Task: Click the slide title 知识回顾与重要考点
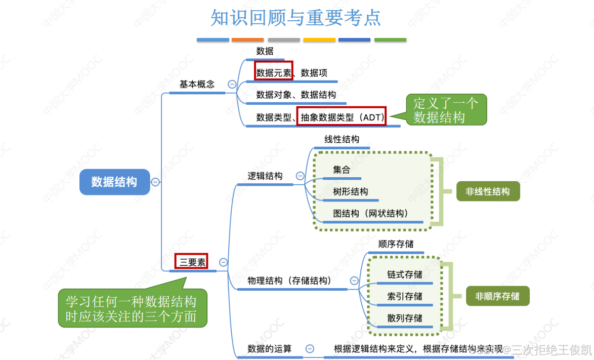pos(296,18)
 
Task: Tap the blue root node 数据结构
pos(114,182)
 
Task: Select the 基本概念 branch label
pos(197,85)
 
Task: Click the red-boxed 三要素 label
pos(191,262)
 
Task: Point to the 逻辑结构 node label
pos(265,176)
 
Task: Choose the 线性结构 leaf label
pos(342,139)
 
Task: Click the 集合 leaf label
pos(342,170)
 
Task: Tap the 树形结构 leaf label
pos(350,192)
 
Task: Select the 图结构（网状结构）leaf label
pos(370,214)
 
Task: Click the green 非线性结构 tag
pos(487,191)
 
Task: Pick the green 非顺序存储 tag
pos(497,296)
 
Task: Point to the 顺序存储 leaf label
pos(396,244)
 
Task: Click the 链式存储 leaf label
pos(405,274)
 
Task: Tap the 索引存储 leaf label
pos(405,296)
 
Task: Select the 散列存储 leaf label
pos(405,318)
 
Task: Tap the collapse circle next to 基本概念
pos(232,85)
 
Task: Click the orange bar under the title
pos(247,39)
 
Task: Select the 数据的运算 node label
pos(269,348)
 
